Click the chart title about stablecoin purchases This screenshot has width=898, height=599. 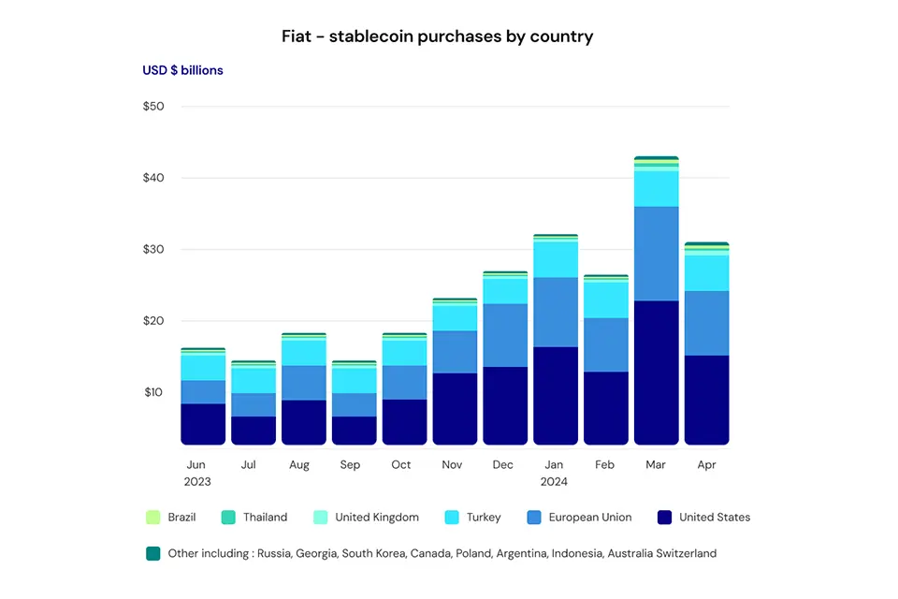pyautogui.click(x=438, y=37)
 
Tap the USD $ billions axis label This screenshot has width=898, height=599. pyautogui.click(x=182, y=70)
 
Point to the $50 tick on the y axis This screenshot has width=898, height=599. pyautogui.click(x=153, y=107)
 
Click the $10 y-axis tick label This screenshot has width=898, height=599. pyautogui.click(x=153, y=392)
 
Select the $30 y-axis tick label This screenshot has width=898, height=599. pyautogui.click(x=153, y=250)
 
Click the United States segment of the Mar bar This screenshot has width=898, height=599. pyautogui.click(x=656, y=373)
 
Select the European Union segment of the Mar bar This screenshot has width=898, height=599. pyautogui.click(x=656, y=254)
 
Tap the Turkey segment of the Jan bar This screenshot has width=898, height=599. pyautogui.click(x=555, y=259)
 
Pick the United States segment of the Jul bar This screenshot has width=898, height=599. pyautogui.click(x=253, y=430)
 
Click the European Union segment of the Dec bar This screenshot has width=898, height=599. pyautogui.click(x=505, y=335)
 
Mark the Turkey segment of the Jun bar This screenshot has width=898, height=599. pyautogui.click(x=203, y=368)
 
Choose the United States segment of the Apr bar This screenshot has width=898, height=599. pyautogui.click(x=706, y=400)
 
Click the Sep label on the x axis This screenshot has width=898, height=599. pyautogui.click(x=350, y=465)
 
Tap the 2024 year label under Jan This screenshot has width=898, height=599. pyautogui.click(x=555, y=482)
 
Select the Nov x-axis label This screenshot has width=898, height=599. pyautogui.click(x=451, y=465)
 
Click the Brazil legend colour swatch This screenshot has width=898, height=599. pyautogui.click(x=153, y=518)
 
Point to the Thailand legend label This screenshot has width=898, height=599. pyautogui.click(x=265, y=518)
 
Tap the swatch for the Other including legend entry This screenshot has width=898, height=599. pyautogui.click(x=153, y=553)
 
